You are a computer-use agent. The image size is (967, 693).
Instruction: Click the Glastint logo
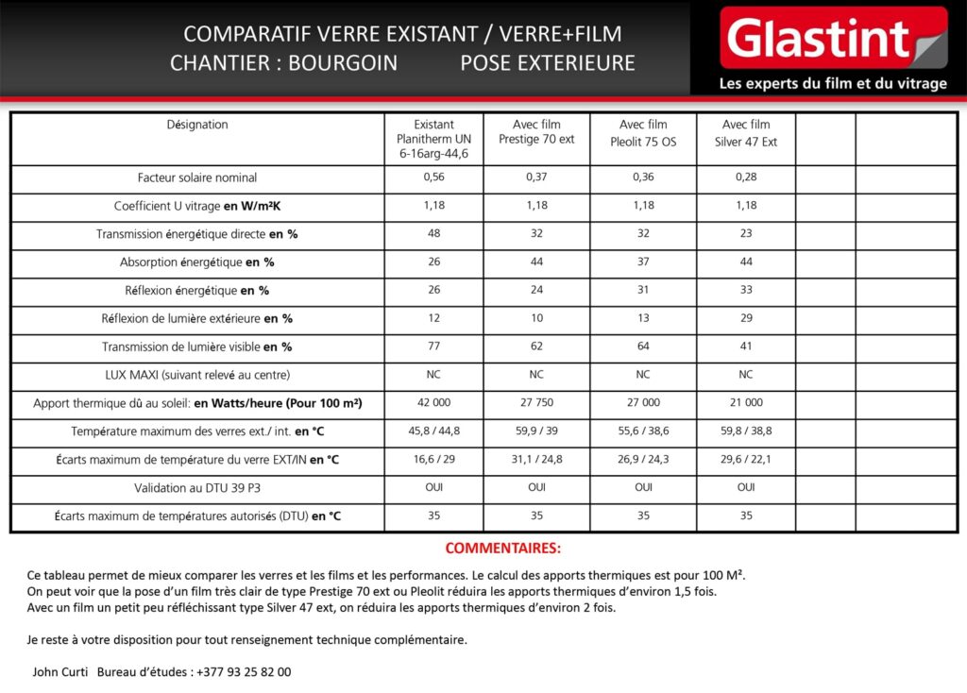point(832,39)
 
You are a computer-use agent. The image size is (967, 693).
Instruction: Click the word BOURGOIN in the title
point(343,63)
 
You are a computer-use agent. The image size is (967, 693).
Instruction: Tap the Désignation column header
point(197,125)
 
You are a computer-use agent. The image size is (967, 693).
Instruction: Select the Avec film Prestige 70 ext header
point(536,133)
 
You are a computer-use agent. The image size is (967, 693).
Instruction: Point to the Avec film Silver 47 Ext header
point(746,133)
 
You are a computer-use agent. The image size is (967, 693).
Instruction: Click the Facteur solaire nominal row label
point(197,177)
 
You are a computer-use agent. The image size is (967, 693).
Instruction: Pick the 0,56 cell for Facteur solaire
point(433,177)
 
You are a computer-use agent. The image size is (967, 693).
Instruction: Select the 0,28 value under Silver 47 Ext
point(746,177)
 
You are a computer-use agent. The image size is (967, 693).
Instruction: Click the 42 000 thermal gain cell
point(433,403)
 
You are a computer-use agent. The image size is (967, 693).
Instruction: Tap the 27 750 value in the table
point(536,403)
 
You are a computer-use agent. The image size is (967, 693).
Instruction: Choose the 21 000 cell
point(746,403)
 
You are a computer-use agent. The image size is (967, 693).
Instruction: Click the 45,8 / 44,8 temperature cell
point(433,431)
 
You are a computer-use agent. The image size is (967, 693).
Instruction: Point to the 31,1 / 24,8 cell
point(536,460)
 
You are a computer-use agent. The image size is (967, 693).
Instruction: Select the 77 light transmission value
point(433,346)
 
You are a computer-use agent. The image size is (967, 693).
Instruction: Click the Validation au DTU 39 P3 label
point(197,488)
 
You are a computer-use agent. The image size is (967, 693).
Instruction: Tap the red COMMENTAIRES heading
point(502,549)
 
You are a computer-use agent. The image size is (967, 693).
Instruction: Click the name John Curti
point(59,672)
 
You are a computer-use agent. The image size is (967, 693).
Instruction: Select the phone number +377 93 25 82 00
point(244,672)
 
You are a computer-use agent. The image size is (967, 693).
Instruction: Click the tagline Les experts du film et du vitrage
point(832,84)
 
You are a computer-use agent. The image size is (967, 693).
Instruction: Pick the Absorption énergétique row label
point(197,262)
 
